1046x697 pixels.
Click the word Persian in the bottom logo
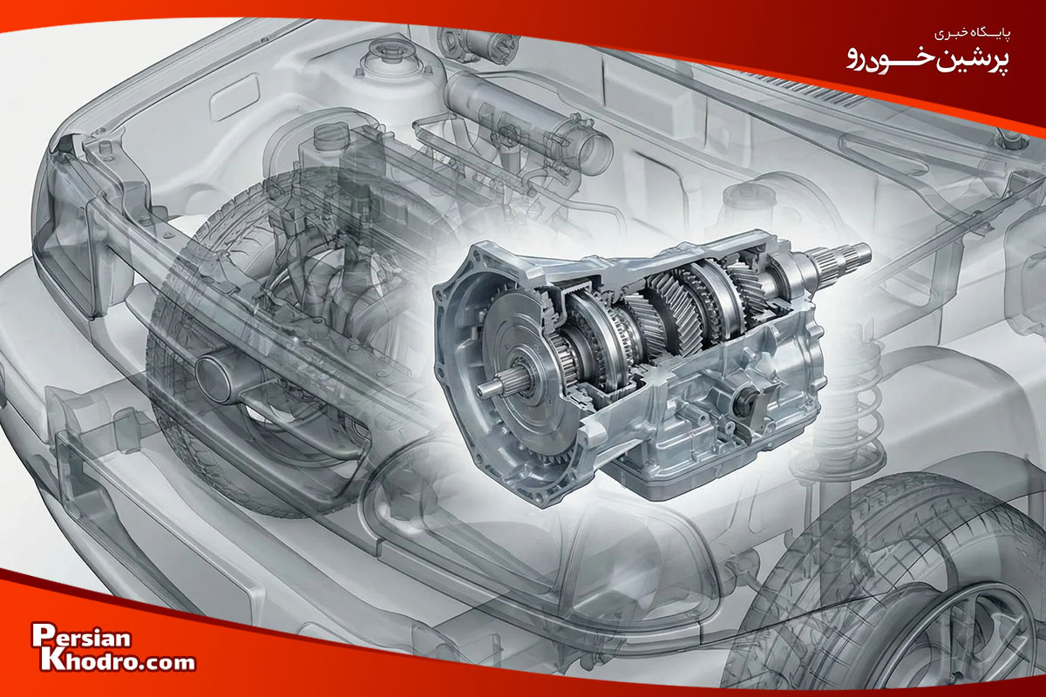click(81, 636)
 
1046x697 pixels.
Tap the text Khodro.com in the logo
click(117, 661)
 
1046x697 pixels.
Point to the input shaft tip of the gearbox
click(486, 389)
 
